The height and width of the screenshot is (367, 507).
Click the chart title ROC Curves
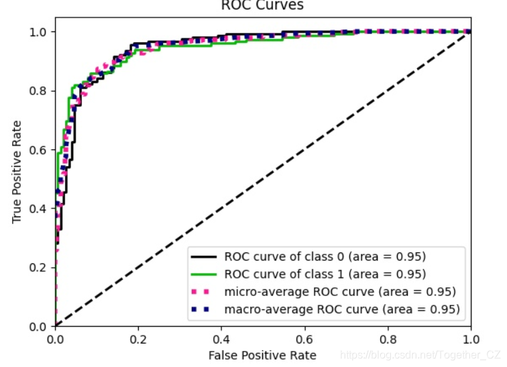pyautogui.click(x=262, y=6)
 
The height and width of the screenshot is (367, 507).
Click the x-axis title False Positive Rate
pyautogui.click(x=262, y=354)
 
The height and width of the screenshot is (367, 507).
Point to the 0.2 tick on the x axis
pyautogui.click(x=138, y=338)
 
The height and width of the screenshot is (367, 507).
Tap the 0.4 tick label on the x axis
pyautogui.click(x=221, y=338)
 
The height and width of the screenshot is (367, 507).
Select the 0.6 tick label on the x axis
pyautogui.click(x=304, y=338)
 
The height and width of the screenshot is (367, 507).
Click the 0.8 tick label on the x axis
pyautogui.click(x=388, y=338)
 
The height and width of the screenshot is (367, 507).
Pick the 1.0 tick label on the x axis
pyautogui.click(x=470, y=338)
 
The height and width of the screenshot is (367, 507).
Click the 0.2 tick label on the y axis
pyautogui.click(x=39, y=267)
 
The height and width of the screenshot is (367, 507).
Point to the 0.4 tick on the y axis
pyautogui.click(x=39, y=208)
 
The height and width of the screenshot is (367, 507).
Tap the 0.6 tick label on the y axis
pyautogui.click(x=39, y=149)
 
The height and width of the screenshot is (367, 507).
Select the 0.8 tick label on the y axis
pyautogui.click(x=39, y=90)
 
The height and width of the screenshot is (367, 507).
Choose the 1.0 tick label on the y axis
pyautogui.click(x=39, y=31)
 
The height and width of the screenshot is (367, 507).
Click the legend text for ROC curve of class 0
pyautogui.click(x=325, y=256)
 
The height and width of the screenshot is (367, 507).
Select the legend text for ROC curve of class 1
pyautogui.click(x=325, y=274)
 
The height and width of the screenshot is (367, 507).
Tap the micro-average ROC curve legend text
pyautogui.click(x=341, y=291)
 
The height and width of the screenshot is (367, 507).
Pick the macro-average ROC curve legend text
pyautogui.click(x=342, y=309)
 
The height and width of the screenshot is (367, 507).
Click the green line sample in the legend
pyautogui.click(x=204, y=274)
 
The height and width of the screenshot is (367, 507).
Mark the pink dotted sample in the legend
pyautogui.click(x=204, y=291)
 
